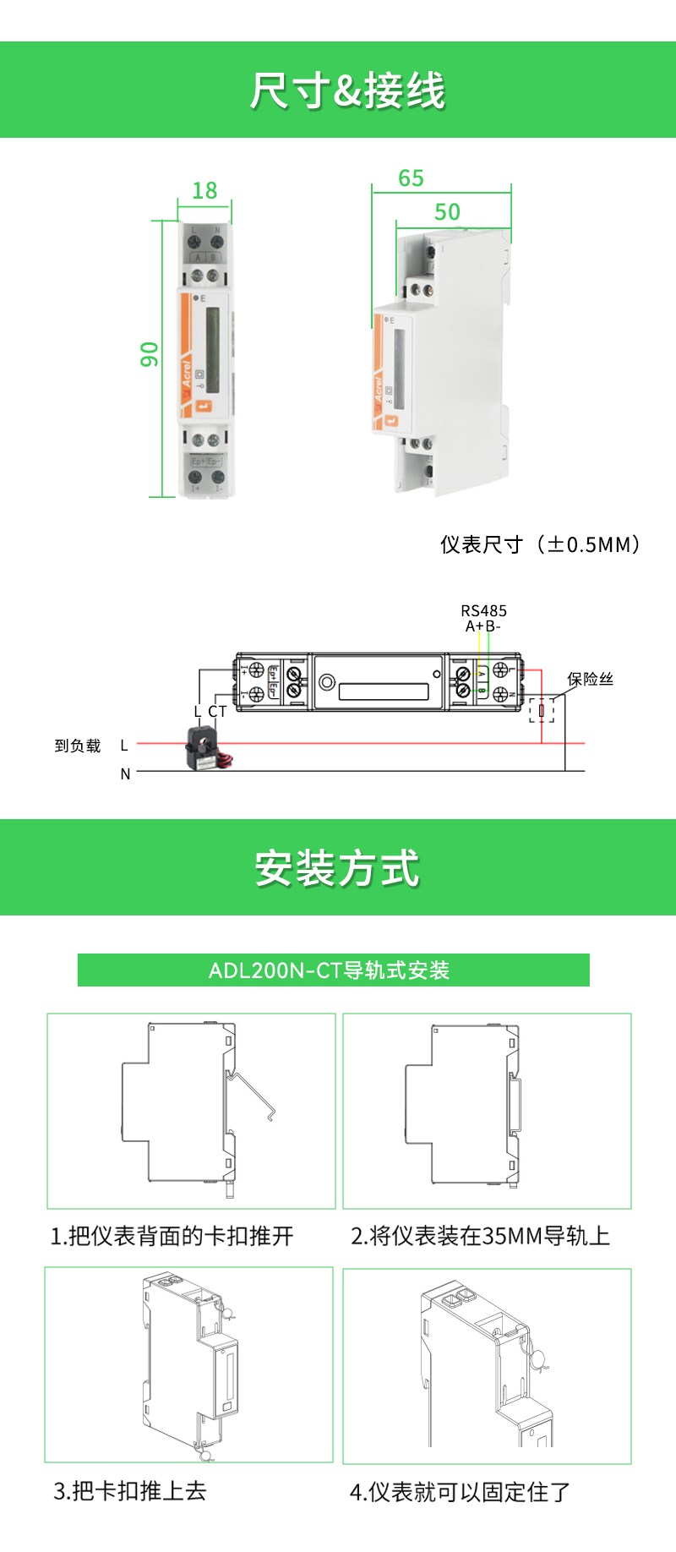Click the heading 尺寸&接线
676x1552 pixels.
(346, 90)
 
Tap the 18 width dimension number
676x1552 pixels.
(204, 191)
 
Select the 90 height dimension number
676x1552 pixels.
(150, 354)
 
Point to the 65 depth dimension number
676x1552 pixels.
(411, 178)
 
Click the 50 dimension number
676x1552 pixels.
(447, 211)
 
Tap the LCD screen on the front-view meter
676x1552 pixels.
(213, 350)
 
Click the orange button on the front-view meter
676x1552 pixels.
(203, 406)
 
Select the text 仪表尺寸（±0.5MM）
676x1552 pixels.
(540, 544)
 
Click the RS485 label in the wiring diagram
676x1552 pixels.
(483, 610)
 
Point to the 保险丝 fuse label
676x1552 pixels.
(590, 679)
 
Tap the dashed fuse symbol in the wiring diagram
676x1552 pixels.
(542, 710)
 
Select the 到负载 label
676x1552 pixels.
(78, 746)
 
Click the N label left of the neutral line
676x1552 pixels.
(125, 773)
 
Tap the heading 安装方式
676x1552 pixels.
(337, 868)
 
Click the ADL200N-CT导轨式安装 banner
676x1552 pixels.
(333, 970)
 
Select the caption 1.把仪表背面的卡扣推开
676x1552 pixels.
(172, 1236)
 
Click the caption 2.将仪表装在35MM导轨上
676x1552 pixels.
(480, 1236)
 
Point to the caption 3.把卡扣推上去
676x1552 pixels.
(130, 1490)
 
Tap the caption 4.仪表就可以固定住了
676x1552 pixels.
(461, 1492)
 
